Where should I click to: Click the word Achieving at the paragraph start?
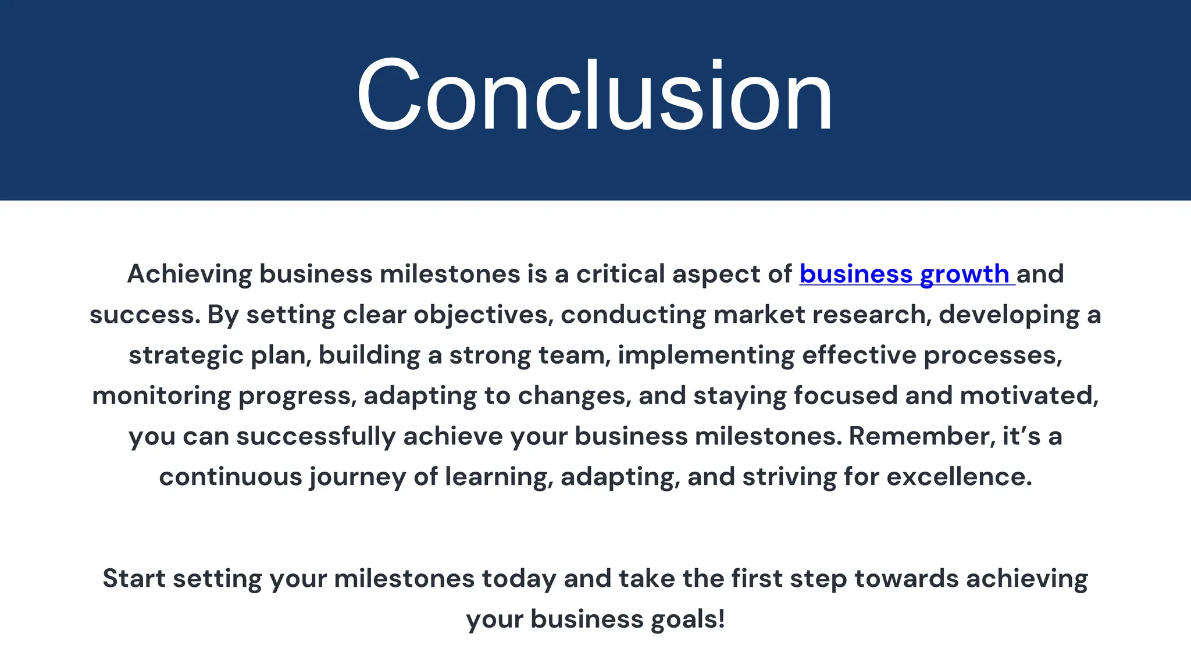[x=189, y=274]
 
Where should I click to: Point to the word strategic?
[x=186, y=355]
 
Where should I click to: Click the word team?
[x=574, y=355]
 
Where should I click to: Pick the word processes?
[x=993, y=355]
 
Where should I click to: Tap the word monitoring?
[x=161, y=396]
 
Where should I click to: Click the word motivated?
[x=1029, y=396]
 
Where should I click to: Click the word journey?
[x=357, y=477]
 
